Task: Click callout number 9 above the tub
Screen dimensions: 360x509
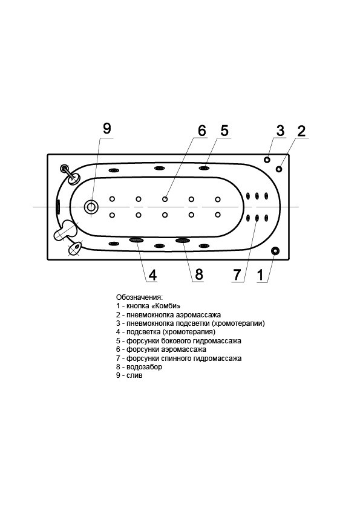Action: click(107, 128)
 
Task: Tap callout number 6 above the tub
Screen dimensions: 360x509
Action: click(201, 131)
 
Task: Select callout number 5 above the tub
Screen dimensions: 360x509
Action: click(224, 131)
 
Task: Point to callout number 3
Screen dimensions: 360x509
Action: click(280, 131)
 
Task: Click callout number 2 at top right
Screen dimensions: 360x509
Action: click(301, 131)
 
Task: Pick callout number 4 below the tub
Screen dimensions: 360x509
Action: click(152, 275)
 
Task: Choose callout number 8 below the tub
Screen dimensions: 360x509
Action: click(198, 275)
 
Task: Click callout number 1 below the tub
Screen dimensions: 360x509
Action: click(260, 275)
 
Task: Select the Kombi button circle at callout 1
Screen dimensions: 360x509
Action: click(275, 250)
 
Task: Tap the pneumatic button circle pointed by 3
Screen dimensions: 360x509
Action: click(267, 160)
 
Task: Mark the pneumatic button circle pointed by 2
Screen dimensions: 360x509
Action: click(279, 169)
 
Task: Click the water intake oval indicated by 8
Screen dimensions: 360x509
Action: click(183, 240)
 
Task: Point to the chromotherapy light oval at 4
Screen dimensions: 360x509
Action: click(136, 240)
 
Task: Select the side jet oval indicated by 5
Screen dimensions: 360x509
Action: click(204, 168)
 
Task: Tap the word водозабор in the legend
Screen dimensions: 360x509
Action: click(144, 367)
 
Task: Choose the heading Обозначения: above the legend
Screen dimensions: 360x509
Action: click(139, 297)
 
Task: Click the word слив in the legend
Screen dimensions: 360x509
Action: click(134, 375)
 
